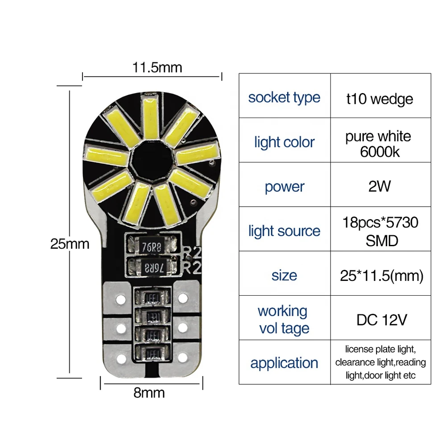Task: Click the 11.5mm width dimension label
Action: click(157, 68)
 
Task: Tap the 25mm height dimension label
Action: click(70, 244)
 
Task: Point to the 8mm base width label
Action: click(149, 393)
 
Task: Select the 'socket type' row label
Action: click(284, 98)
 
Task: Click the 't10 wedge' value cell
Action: click(380, 98)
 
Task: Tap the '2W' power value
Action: click(380, 186)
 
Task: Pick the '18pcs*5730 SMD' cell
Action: click(380, 231)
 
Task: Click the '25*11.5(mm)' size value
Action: click(381, 276)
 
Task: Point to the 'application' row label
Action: click(284, 362)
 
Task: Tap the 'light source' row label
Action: click(284, 231)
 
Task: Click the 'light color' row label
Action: click(284, 142)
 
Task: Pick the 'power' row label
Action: click(284, 187)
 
